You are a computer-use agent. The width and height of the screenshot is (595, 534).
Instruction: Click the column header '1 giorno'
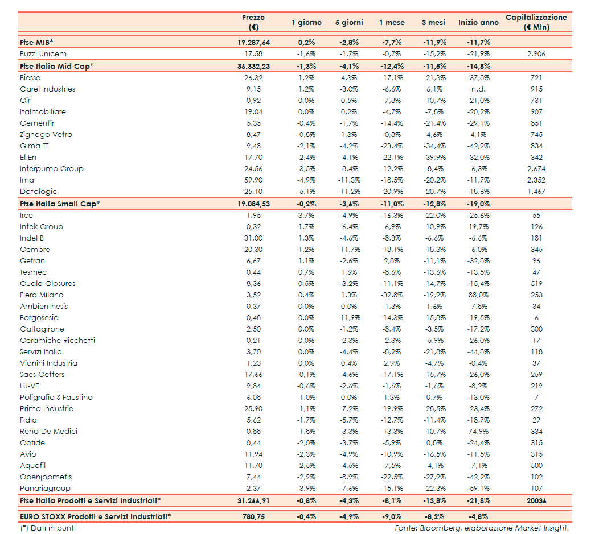(306, 23)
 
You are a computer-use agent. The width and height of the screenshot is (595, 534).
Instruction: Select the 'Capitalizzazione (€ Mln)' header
(536, 22)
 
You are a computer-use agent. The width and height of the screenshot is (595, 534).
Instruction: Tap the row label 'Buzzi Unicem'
(43, 54)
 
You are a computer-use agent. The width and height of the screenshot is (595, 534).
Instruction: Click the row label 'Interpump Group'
(52, 169)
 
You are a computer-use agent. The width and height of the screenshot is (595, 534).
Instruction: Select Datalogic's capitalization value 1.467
(536, 192)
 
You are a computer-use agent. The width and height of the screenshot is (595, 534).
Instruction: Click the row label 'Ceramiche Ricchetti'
(58, 341)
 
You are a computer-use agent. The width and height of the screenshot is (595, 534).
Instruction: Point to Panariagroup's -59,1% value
(478, 489)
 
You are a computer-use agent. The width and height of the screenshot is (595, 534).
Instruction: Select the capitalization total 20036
(536, 500)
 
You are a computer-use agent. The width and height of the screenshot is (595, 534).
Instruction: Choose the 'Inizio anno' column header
(478, 23)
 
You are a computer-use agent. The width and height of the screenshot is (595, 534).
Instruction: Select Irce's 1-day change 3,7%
(306, 216)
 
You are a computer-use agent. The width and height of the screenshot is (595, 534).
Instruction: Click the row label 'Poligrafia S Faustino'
(56, 398)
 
